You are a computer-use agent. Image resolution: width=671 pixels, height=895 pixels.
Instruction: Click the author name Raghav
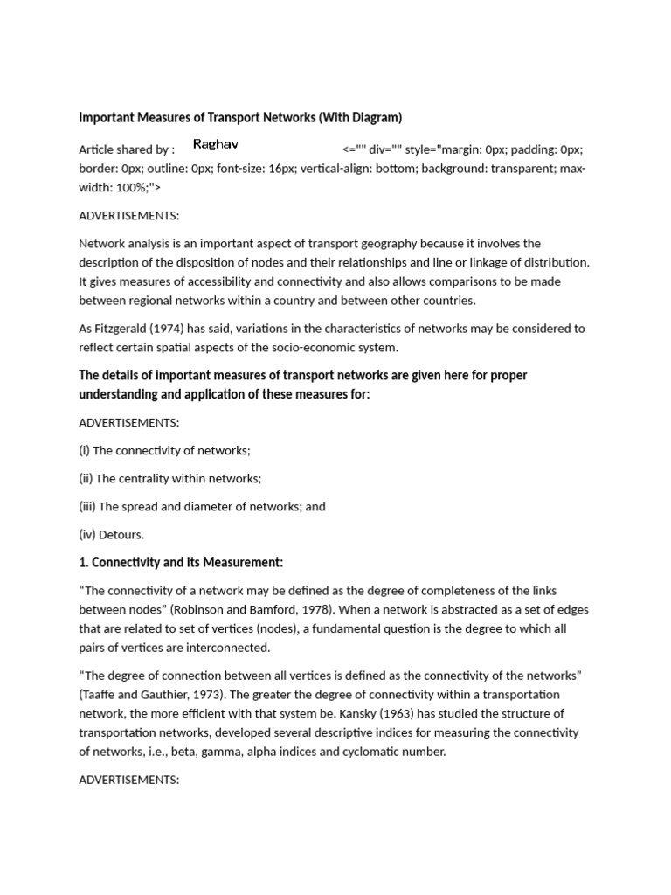[x=215, y=144]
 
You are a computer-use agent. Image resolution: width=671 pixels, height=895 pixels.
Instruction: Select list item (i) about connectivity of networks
[x=164, y=450]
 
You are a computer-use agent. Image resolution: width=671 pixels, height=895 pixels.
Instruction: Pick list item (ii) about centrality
[x=169, y=478]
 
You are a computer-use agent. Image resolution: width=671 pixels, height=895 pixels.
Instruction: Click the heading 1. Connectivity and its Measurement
[x=181, y=562]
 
